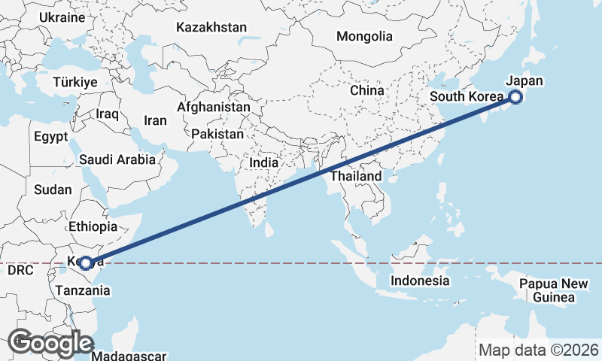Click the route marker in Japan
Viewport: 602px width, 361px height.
click(x=515, y=96)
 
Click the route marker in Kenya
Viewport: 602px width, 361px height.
click(x=87, y=262)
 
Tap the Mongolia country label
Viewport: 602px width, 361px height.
click(x=364, y=36)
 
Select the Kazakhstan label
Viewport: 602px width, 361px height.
click(x=211, y=28)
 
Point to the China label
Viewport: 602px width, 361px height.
click(x=367, y=90)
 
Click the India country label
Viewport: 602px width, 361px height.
click(x=264, y=162)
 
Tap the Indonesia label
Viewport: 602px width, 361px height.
click(x=420, y=281)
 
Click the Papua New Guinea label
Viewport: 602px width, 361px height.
click(x=553, y=291)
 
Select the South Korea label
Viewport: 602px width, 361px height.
click(x=465, y=97)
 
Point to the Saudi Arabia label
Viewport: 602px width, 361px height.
click(x=117, y=159)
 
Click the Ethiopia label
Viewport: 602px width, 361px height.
click(x=93, y=226)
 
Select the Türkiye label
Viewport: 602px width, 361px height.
click(x=75, y=82)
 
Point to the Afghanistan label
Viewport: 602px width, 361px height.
click(x=214, y=108)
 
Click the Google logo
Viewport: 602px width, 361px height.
click(x=50, y=343)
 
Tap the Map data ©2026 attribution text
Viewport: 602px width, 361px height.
click(x=539, y=350)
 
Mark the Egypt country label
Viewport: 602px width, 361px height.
click(x=50, y=137)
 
